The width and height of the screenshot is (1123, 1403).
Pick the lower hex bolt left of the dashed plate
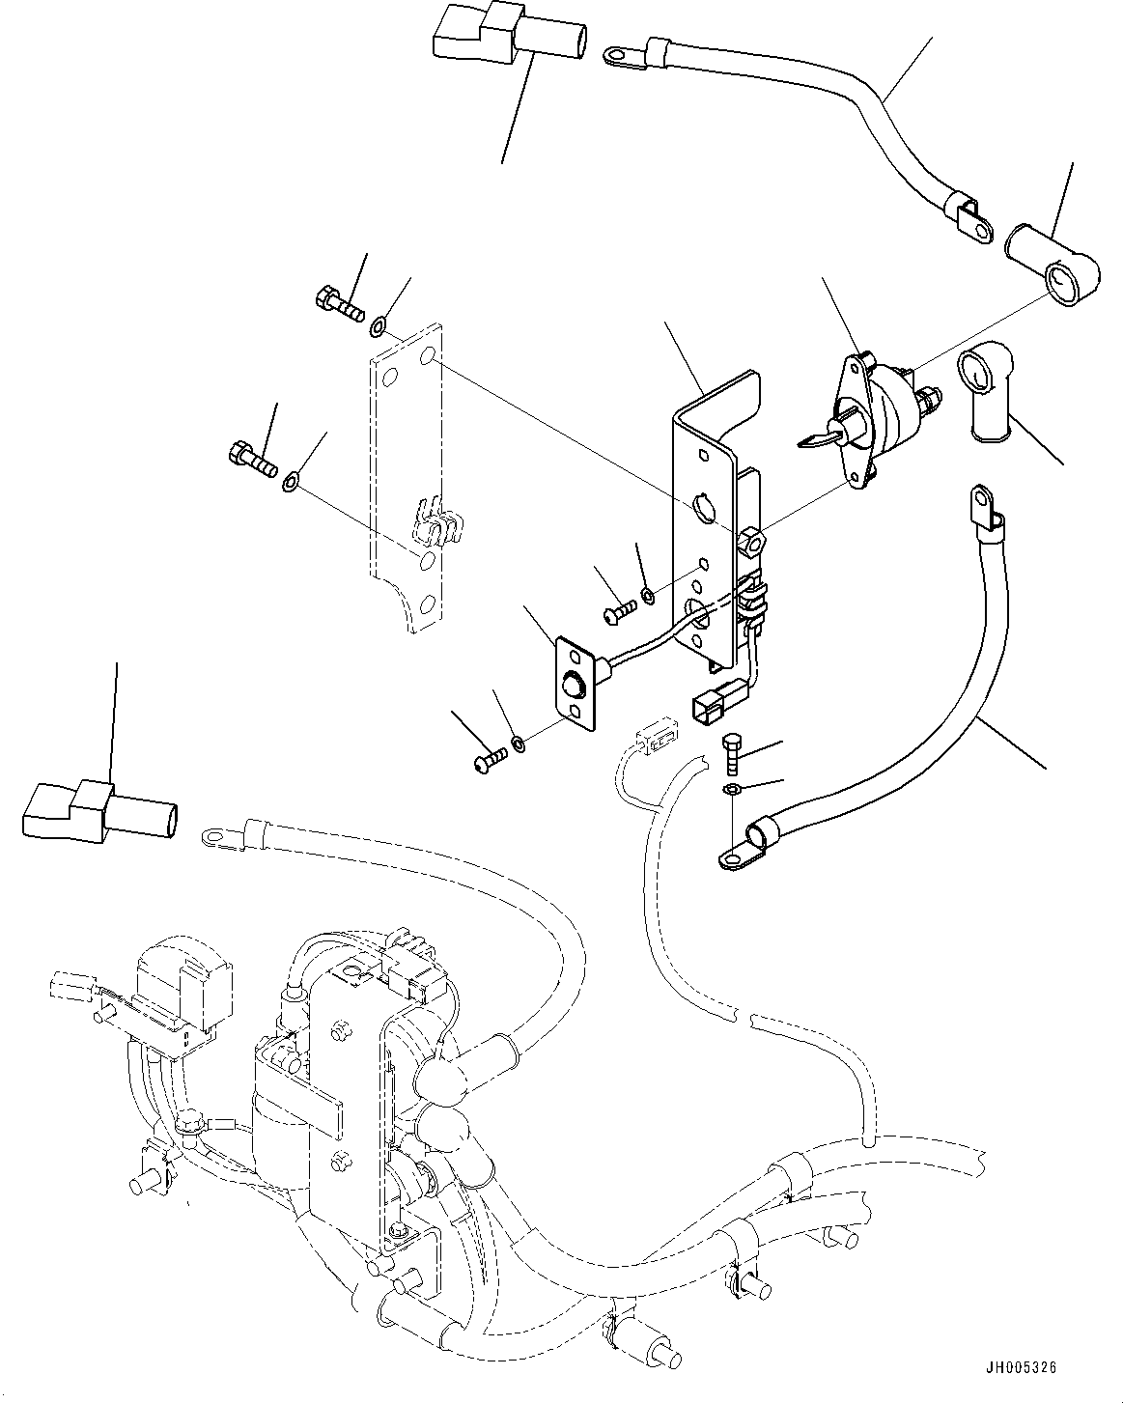pos(253,456)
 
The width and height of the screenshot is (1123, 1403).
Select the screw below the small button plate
pos(491,765)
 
